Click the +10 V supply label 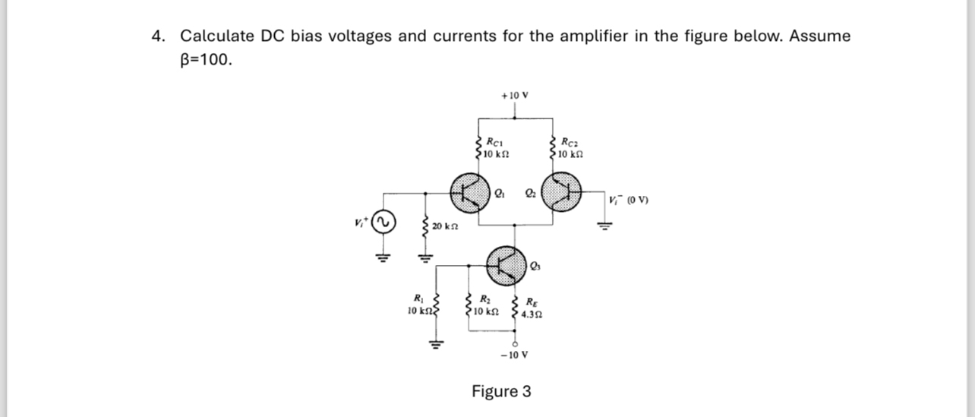pos(515,96)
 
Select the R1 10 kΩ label pos(416,304)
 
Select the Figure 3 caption pos(501,392)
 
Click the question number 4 pos(158,36)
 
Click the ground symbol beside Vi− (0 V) pos(604,223)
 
